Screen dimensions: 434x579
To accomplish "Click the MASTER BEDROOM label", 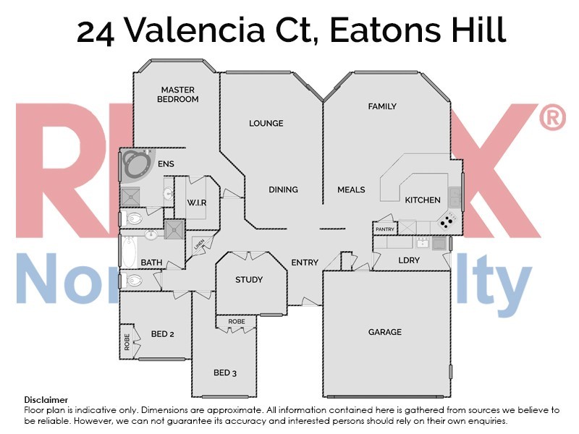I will pyautogui.click(x=178, y=94).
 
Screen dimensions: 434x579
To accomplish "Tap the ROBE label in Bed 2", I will pyautogui.click(x=127, y=341).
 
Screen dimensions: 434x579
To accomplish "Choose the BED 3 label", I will pyautogui.click(x=225, y=373).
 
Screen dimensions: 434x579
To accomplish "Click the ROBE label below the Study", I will pyautogui.click(x=236, y=321).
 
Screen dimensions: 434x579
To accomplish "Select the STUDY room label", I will pyautogui.click(x=248, y=280).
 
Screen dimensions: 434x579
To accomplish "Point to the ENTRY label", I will pyautogui.click(x=305, y=263).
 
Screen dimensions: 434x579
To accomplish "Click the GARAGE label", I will pyautogui.click(x=384, y=332).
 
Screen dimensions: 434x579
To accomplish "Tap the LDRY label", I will pyautogui.click(x=409, y=260).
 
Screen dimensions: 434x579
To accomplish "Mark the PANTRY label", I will pyautogui.click(x=384, y=229).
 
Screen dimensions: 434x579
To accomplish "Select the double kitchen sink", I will pyautogui.click(x=455, y=196).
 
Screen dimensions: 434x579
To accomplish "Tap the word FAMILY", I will pyautogui.click(x=382, y=106).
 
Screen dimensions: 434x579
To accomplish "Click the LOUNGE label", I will pyautogui.click(x=266, y=123).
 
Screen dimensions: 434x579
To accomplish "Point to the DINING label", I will pyautogui.click(x=283, y=190).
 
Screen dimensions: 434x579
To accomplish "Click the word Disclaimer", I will pyautogui.click(x=46, y=399).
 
